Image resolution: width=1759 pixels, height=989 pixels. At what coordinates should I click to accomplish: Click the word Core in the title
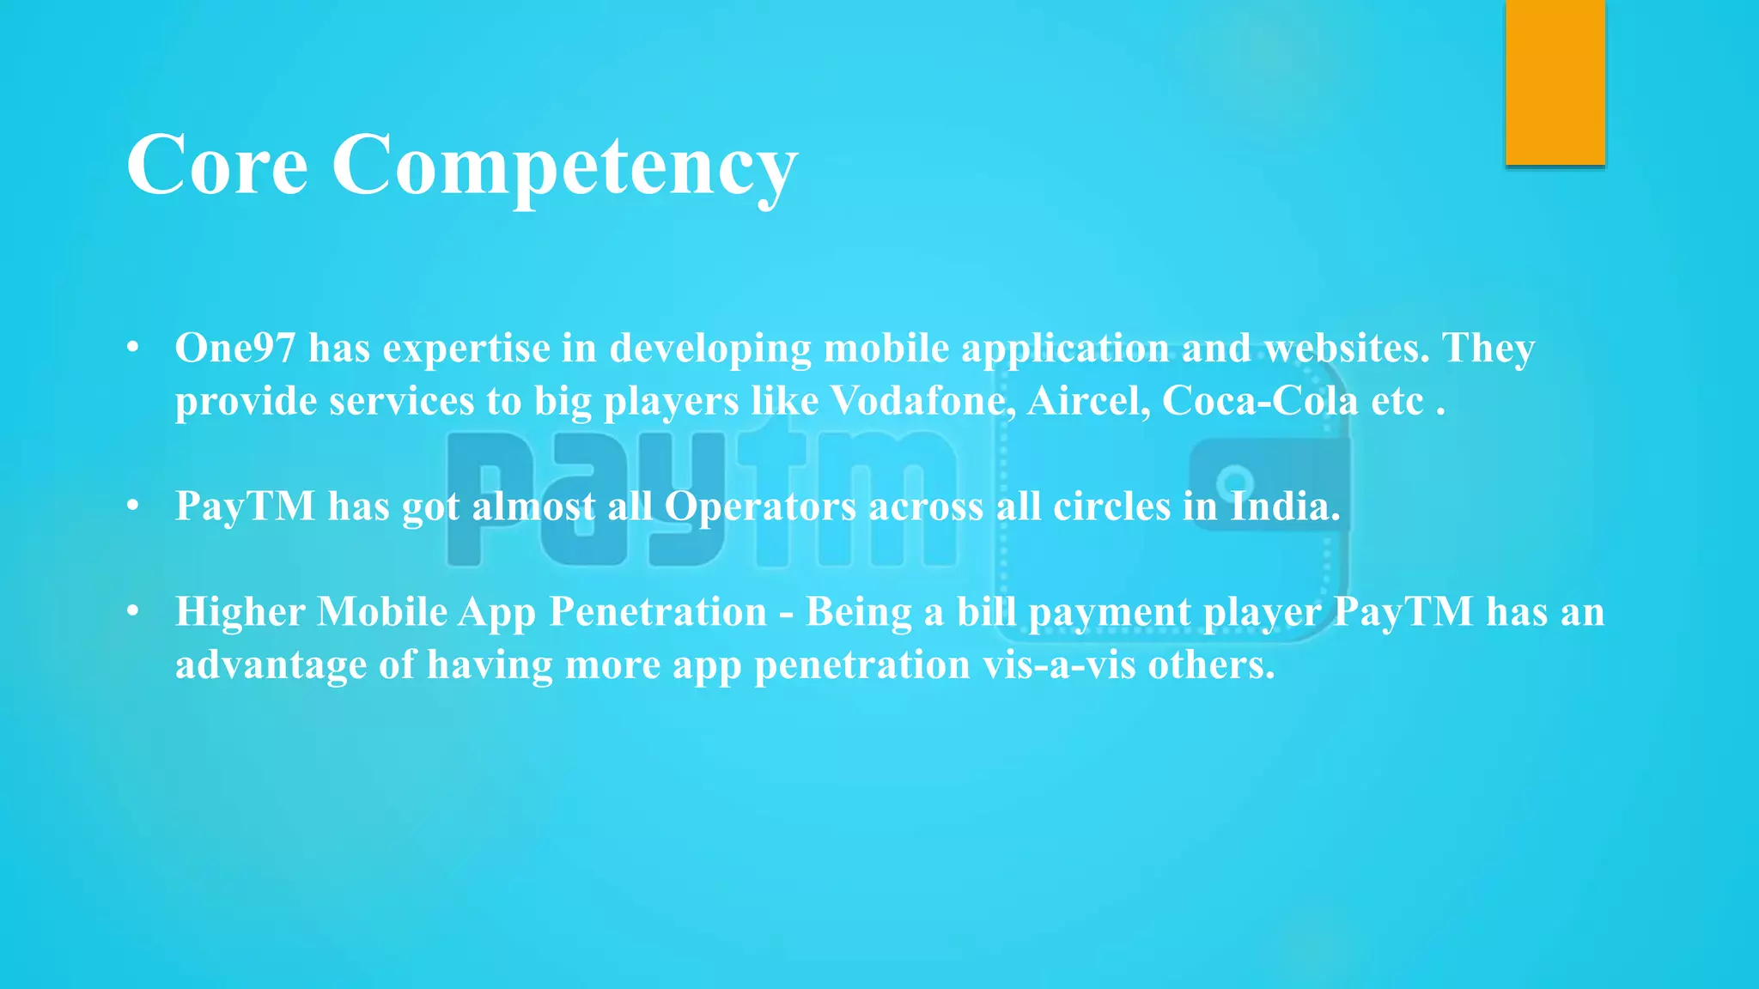pyautogui.click(x=216, y=165)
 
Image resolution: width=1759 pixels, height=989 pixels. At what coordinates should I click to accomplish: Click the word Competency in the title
pyautogui.click(x=564, y=165)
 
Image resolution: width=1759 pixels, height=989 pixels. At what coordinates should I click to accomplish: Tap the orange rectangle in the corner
pyautogui.click(x=1555, y=82)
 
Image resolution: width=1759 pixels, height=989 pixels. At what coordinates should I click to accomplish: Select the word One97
pyautogui.click(x=234, y=348)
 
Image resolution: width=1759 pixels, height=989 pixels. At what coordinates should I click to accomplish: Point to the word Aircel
pyautogui.click(x=1088, y=401)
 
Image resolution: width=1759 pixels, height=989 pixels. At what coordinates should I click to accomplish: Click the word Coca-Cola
pyautogui.click(x=1260, y=401)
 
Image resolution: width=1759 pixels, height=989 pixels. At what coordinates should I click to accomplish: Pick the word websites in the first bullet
pyautogui.click(x=1346, y=348)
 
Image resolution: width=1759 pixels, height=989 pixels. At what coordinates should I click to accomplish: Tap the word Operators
pyautogui.click(x=760, y=507)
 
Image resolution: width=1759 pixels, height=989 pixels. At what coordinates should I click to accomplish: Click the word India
pyautogui.click(x=1285, y=507)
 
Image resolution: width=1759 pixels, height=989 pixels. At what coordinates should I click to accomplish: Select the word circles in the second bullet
pyautogui.click(x=1111, y=507)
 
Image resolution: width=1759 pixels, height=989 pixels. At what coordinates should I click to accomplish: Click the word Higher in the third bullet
pyautogui.click(x=240, y=612)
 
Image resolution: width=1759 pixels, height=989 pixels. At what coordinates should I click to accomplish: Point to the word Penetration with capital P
pyautogui.click(x=658, y=612)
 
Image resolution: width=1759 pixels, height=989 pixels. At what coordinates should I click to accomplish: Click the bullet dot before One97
pyautogui.click(x=132, y=348)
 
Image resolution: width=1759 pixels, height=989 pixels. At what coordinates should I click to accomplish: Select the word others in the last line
pyautogui.click(x=1211, y=665)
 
